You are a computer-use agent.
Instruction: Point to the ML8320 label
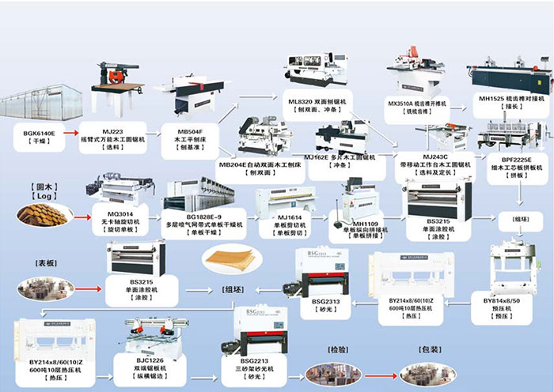click(314, 102)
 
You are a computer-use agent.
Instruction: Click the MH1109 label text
click(360, 224)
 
